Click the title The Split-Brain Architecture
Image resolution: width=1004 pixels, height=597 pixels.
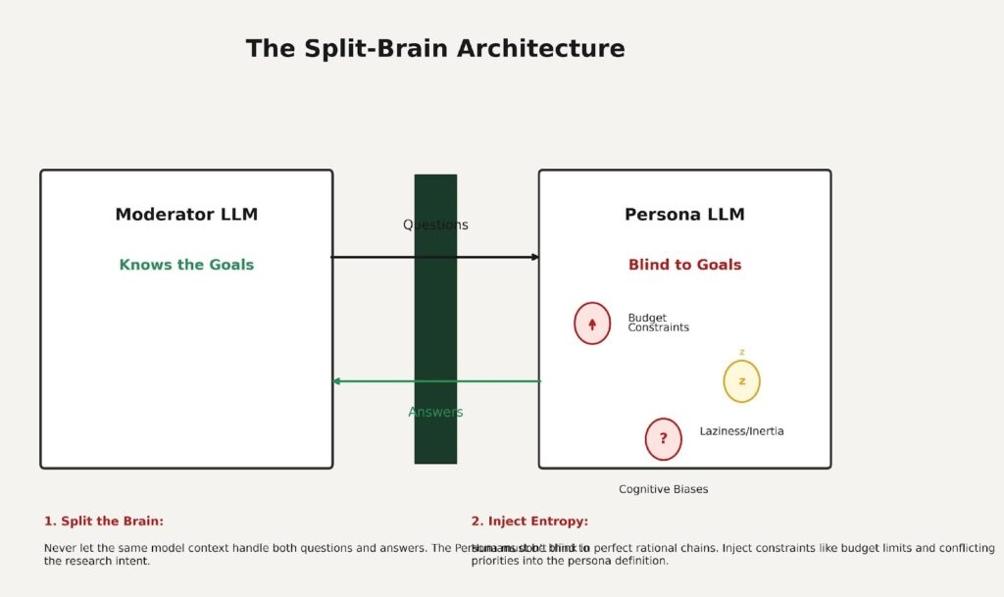pos(435,49)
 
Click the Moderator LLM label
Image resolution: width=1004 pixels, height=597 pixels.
pos(186,215)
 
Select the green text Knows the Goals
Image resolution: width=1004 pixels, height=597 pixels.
pos(186,265)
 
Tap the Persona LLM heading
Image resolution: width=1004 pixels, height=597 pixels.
pos(684,215)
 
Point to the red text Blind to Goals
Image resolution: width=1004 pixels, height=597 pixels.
pos(684,265)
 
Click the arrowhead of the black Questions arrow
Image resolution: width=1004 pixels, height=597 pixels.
pos(535,257)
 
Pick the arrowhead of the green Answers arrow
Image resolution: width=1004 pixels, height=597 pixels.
pos(336,381)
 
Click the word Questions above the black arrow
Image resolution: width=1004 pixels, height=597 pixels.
pos(435,224)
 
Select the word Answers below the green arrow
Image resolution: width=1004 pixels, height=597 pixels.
pos(435,412)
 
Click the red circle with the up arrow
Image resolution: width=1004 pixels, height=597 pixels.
pos(592,323)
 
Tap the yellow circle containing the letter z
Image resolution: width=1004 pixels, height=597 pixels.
pos(741,381)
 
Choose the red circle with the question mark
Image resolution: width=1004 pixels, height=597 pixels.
pos(663,439)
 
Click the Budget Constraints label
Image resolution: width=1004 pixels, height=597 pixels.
pos(658,323)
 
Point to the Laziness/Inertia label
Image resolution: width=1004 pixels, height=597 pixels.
pos(741,431)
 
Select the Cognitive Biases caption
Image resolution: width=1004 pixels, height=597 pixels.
pos(663,489)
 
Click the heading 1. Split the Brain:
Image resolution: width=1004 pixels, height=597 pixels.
pos(104,522)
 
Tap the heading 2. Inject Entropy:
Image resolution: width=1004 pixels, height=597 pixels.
pos(529,522)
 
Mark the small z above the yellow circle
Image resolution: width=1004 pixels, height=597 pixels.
pos(742,353)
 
